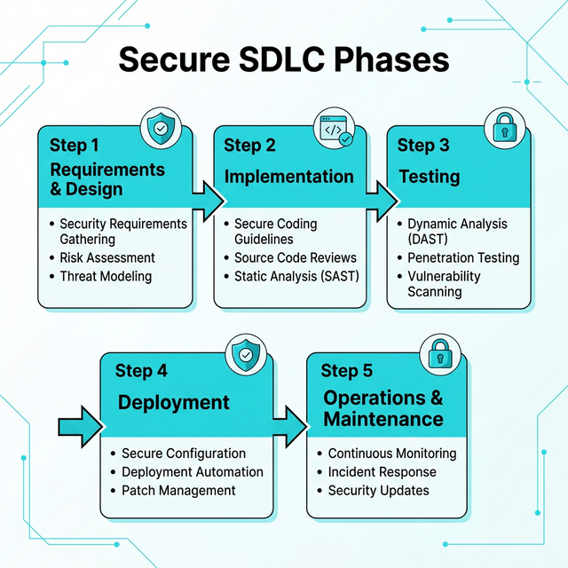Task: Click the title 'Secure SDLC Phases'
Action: (x=284, y=60)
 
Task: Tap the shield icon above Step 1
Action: (x=160, y=129)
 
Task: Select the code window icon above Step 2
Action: (x=335, y=130)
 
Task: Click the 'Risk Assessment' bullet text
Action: (x=106, y=257)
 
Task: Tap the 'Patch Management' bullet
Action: (x=178, y=491)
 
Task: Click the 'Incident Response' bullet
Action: (x=382, y=472)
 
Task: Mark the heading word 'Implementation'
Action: (x=288, y=177)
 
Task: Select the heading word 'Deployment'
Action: (x=174, y=403)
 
